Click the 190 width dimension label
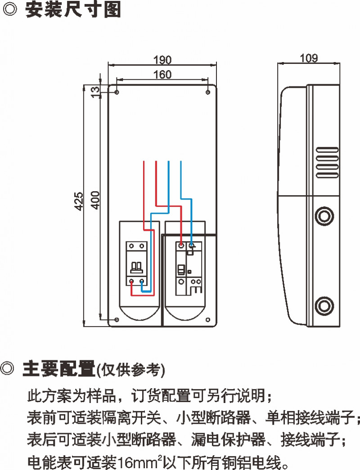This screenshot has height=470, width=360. point(162,60)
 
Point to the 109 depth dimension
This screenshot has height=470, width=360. point(309,58)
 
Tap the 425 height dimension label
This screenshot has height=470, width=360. point(78,201)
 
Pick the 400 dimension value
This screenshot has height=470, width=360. point(95,199)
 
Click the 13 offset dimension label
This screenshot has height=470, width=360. point(95,92)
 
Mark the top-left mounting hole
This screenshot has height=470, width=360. point(117,92)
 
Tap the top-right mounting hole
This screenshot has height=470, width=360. point(207,92)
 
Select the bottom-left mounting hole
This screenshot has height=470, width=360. point(117,320)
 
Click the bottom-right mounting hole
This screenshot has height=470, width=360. point(208,320)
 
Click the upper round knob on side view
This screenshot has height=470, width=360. point(324,216)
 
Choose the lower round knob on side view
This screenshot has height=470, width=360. point(324,306)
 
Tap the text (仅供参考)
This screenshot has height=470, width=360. point(131,370)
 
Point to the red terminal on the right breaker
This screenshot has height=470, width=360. point(181,246)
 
